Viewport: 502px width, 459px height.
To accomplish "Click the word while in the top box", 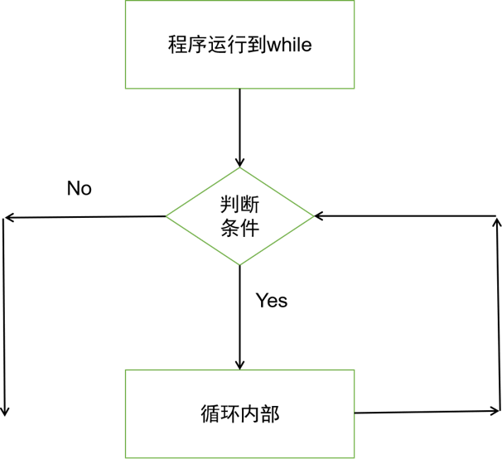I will pyautogui.click(x=287, y=45).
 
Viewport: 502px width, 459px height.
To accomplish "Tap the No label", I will pyautogui.click(x=79, y=189).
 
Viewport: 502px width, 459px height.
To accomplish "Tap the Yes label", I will pyautogui.click(x=271, y=300).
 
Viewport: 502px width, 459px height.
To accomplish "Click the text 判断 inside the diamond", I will pyautogui.click(x=240, y=205).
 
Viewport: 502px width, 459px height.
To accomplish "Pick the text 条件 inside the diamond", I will pyautogui.click(x=240, y=228).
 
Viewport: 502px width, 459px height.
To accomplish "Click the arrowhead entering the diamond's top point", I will pyautogui.click(x=240, y=162).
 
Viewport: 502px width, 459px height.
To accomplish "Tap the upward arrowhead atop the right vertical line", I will pyautogui.click(x=496, y=222).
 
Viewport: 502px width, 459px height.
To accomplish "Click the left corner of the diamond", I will pyautogui.click(x=167, y=216).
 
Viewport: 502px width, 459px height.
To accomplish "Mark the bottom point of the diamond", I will pyautogui.click(x=240, y=265).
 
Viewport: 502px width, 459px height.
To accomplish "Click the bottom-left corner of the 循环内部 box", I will pyautogui.click(x=126, y=457).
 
